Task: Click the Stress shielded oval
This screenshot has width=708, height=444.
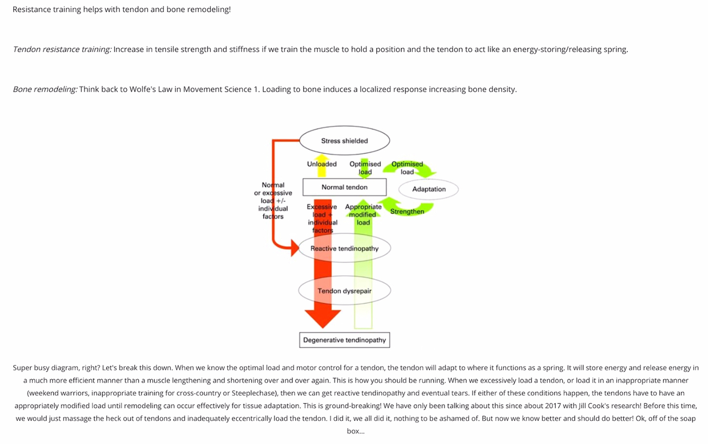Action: [344, 141]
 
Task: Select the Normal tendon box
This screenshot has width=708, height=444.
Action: [344, 187]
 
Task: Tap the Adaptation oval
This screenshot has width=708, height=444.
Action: [429, 189]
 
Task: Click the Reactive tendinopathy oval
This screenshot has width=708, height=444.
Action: [344, 248]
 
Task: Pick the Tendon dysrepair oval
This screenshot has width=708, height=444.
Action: [344, 291]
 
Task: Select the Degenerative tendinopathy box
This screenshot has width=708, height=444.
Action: [344, 340]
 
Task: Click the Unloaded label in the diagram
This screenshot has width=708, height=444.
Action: [322, 164]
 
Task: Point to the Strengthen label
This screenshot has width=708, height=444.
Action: [407, 212]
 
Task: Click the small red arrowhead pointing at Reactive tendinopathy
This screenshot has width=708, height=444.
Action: [295, 247]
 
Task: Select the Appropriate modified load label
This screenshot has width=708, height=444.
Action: [363, 214]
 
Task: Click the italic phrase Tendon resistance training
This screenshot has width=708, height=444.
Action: [62, 49]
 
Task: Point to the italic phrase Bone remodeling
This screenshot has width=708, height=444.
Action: [45, 89]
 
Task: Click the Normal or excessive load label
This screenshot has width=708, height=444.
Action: [273, 201]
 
